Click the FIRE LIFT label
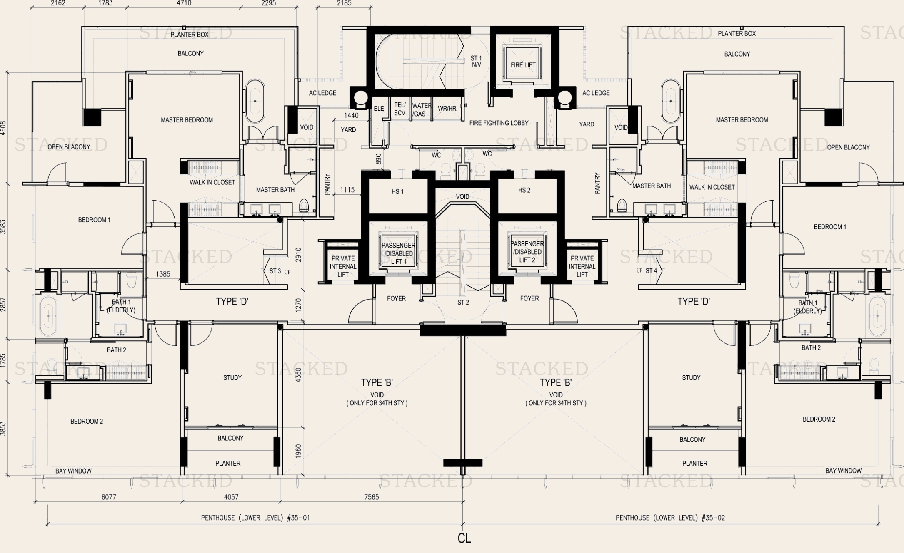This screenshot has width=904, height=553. (x=523, y=65)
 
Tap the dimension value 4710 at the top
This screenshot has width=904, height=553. (x=184, y=3)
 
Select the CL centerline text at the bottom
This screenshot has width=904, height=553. (x=464, y=538)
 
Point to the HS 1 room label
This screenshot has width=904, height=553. (x=397, y=192)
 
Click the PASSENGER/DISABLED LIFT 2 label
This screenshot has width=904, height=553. (x=527, y=252)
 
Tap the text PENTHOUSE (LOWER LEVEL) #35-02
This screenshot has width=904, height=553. (x=670, y=518)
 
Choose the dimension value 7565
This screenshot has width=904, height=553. (x=371, y=497)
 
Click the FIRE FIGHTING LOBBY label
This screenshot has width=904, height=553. (x=498, y=123)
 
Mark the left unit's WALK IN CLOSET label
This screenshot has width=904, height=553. (x=212, y=182)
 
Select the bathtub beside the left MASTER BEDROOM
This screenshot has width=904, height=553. (x=255, y=101)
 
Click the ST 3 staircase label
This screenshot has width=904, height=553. (x=275, y=271)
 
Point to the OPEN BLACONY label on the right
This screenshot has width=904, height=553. (x=848, y=147)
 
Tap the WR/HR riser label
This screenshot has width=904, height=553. (x=447, y=109)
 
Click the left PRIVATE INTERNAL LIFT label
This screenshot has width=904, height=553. (x=343, y=266)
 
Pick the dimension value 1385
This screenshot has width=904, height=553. (x=163, y=274)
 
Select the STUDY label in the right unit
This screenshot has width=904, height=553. (x=691, y=378)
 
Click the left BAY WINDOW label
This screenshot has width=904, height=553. (x=73, y=471)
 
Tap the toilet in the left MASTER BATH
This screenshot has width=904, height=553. (x=304, y=205)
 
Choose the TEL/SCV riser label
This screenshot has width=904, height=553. (x=400, y=109)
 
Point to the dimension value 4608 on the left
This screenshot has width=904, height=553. (x=3, y=129)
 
